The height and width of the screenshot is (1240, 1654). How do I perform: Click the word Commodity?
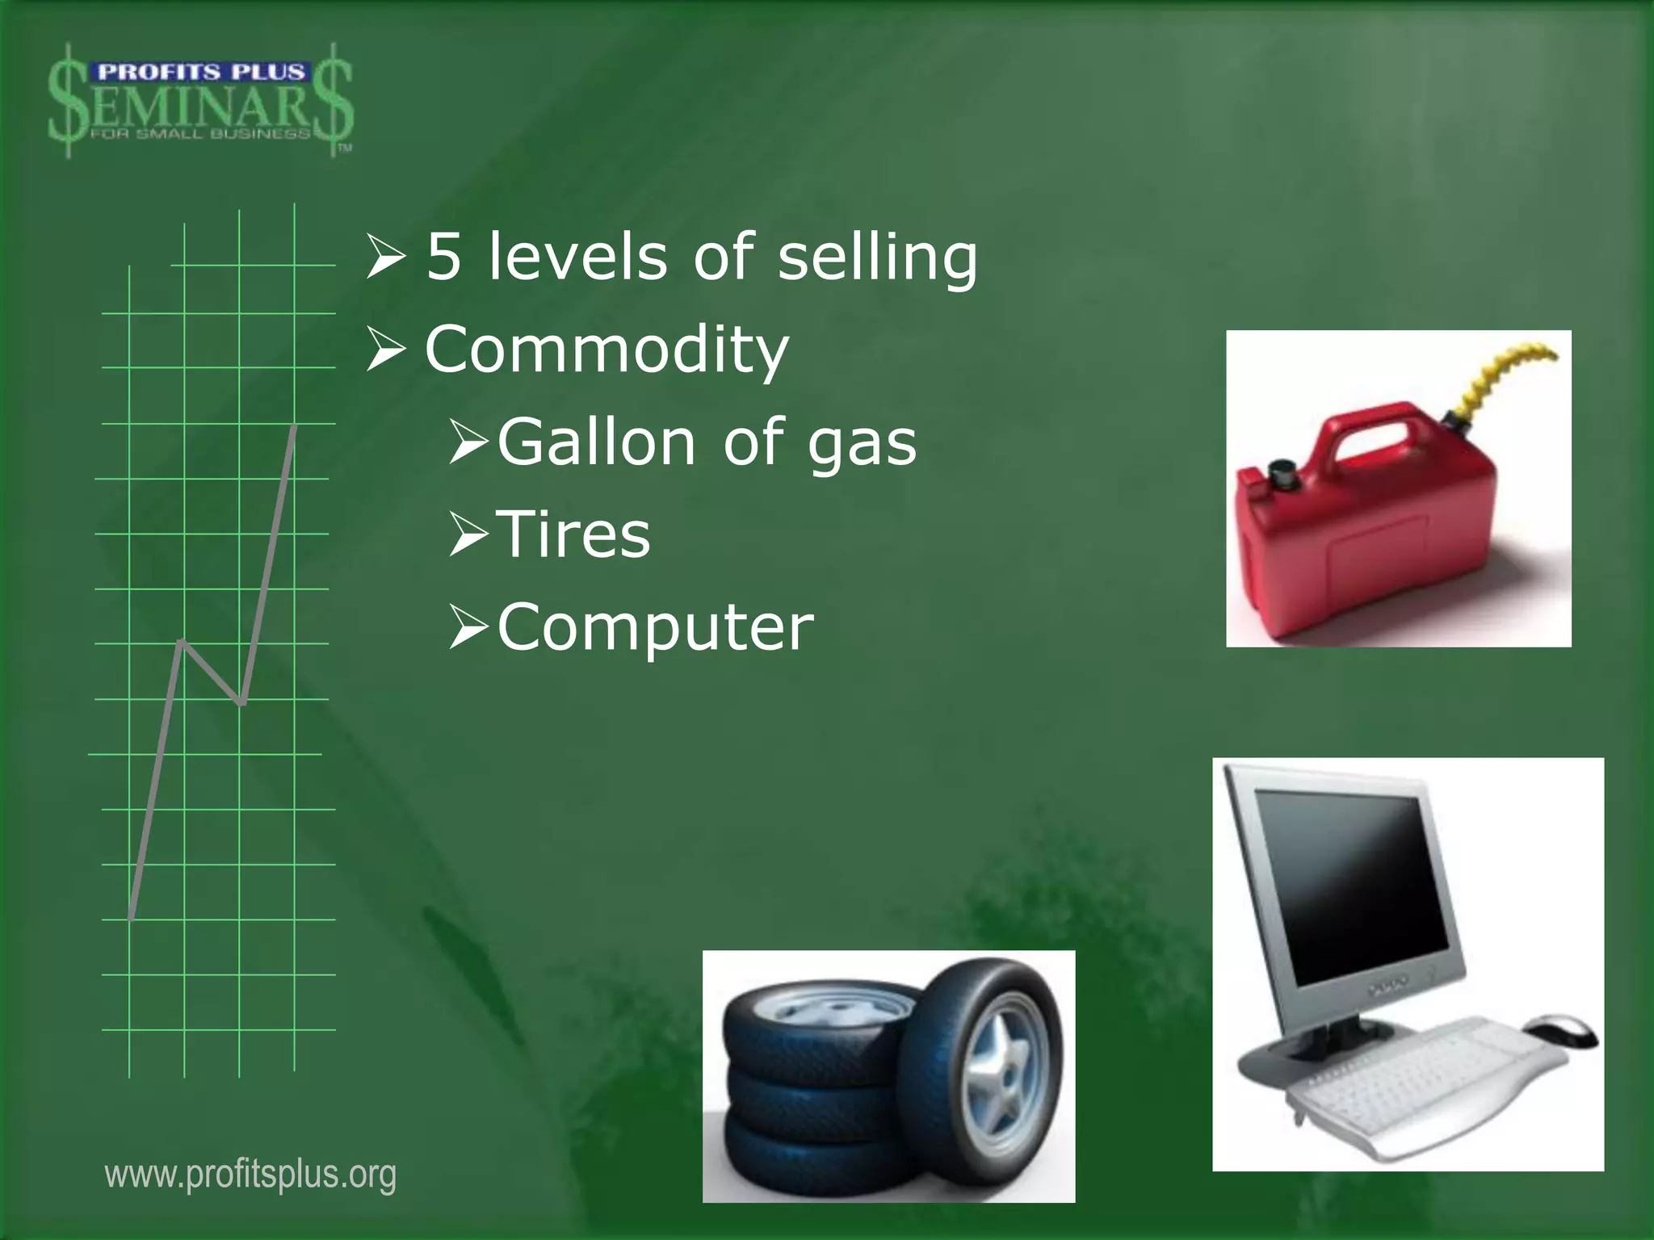(607, 350)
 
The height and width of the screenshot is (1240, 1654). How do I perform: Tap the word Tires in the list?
(574, 534)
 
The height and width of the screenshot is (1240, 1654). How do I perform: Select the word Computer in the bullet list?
(655, 627)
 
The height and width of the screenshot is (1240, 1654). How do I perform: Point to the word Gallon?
(596, 442)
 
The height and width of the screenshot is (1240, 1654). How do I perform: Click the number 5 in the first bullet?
(444, 257)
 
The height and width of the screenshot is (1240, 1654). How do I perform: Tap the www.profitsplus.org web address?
(250, 1175)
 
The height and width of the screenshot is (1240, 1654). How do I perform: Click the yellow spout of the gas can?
(1504, 379)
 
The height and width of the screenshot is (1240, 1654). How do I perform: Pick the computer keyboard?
(1421, 1082)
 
